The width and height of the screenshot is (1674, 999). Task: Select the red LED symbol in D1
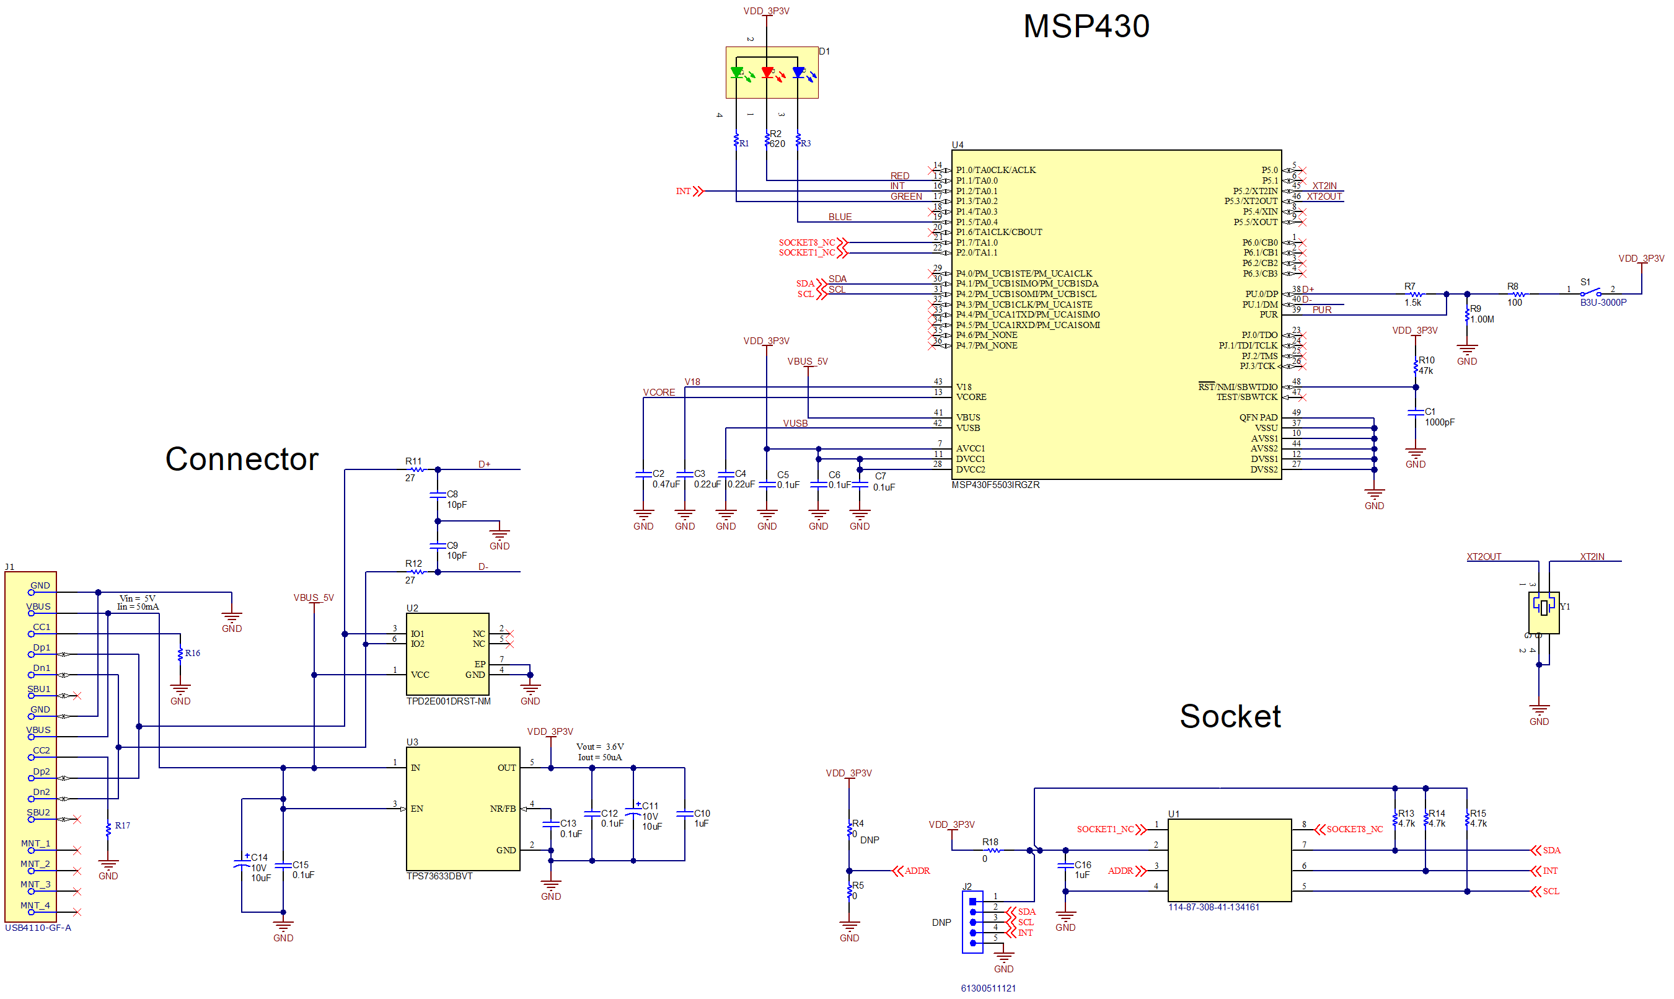(x=768, y=73)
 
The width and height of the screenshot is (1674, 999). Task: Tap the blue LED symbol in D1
(x=799, y=73)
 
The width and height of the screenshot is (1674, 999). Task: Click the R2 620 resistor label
(x=777, y=139)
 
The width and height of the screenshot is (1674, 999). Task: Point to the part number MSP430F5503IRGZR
(x=995, y=486)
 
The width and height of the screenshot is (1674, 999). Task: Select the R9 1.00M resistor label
(x=1480, y=314)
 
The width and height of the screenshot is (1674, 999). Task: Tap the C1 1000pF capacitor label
(x=1438, y=417)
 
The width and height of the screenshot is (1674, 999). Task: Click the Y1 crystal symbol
(x=1543, y=607)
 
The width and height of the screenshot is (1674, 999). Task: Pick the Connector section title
(x=242, y=459)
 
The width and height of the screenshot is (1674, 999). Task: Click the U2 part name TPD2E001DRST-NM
(x=448, y=701)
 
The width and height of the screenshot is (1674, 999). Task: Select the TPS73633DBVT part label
(x=439, y=876)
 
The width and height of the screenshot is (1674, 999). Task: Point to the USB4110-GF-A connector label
(x=38, y=928)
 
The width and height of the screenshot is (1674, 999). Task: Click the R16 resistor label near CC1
(x=192, y=653)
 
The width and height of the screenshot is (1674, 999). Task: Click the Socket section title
(x=1229, y=716)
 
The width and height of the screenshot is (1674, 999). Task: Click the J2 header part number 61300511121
(x=988, y=988)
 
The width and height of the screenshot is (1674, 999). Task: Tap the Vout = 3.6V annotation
(x=599, y=747)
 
